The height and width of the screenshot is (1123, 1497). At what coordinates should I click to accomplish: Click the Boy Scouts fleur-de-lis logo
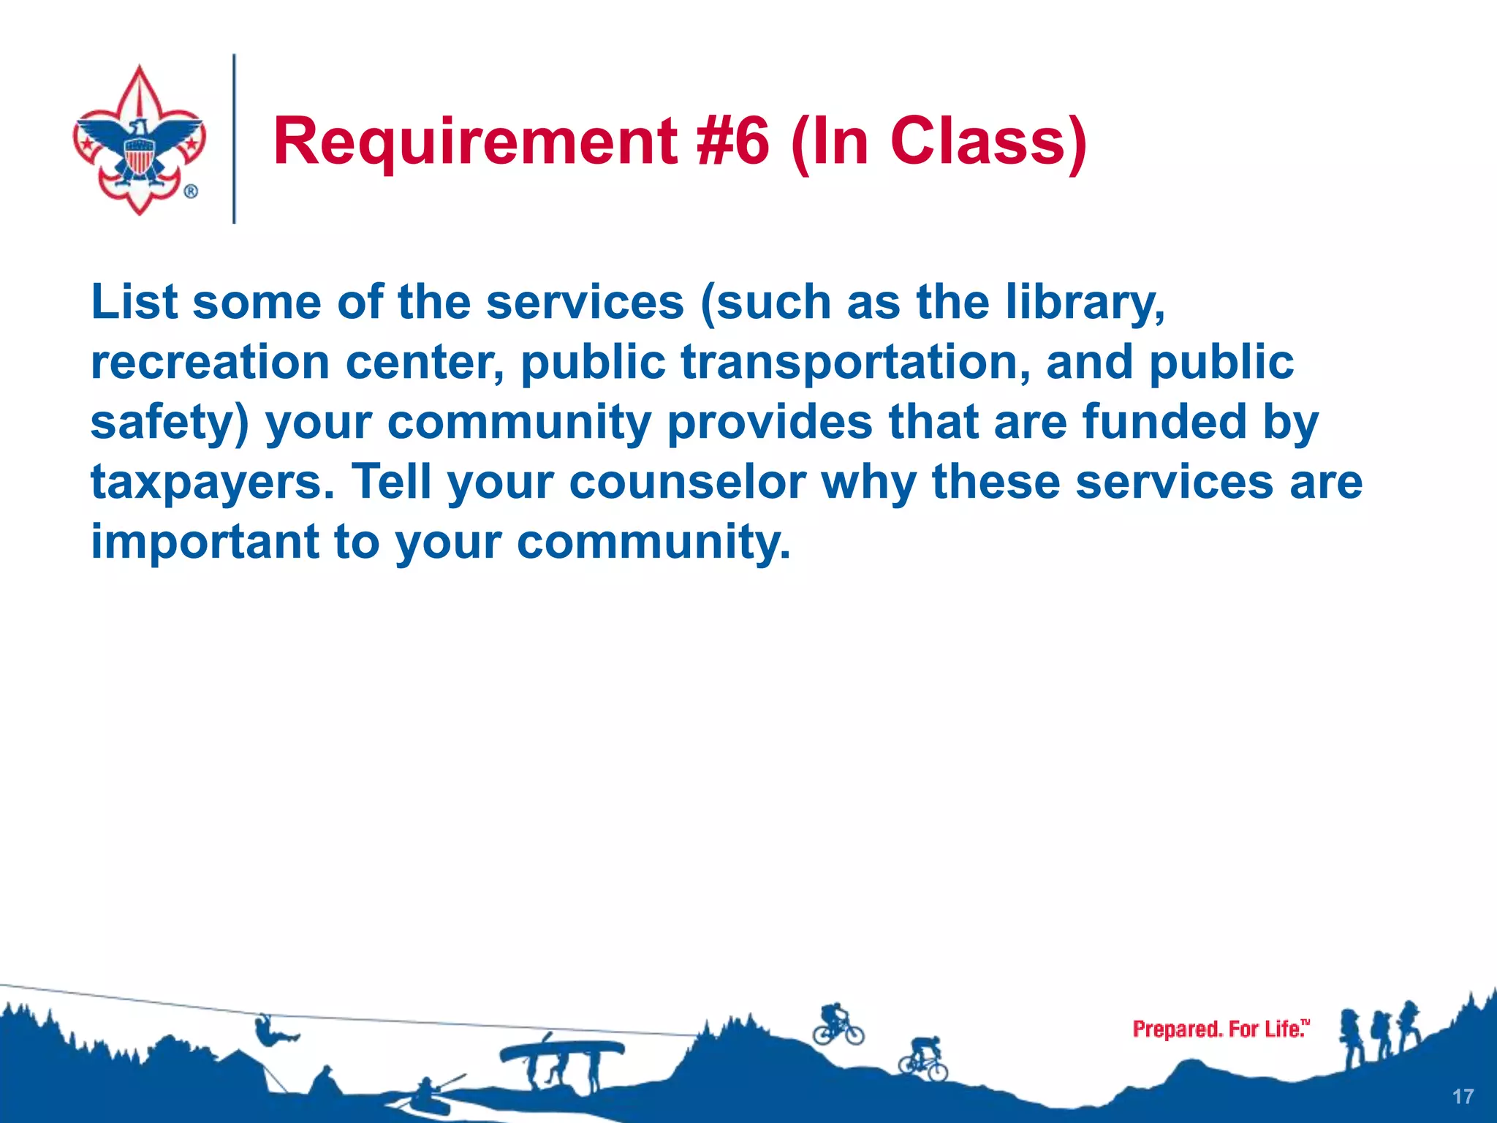tap(138, 139)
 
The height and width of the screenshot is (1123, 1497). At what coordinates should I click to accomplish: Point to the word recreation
tap(210, 363)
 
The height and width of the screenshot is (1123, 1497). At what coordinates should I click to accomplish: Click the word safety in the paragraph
tap(170, 424)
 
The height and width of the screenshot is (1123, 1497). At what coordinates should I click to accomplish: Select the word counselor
tap(687, 483)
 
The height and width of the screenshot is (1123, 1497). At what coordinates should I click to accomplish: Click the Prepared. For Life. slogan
tap(1220, 1029)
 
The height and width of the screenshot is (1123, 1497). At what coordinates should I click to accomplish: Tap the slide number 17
tap(1463, 1097)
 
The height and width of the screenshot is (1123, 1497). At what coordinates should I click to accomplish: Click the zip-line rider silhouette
tap(272, 1031)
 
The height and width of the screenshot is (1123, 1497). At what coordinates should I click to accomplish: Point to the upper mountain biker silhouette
tap(838, 1025)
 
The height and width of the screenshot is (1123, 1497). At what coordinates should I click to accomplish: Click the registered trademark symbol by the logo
tap(191, 192)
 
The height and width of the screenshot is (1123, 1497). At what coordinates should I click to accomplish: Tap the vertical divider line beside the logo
tap(234, 139)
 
